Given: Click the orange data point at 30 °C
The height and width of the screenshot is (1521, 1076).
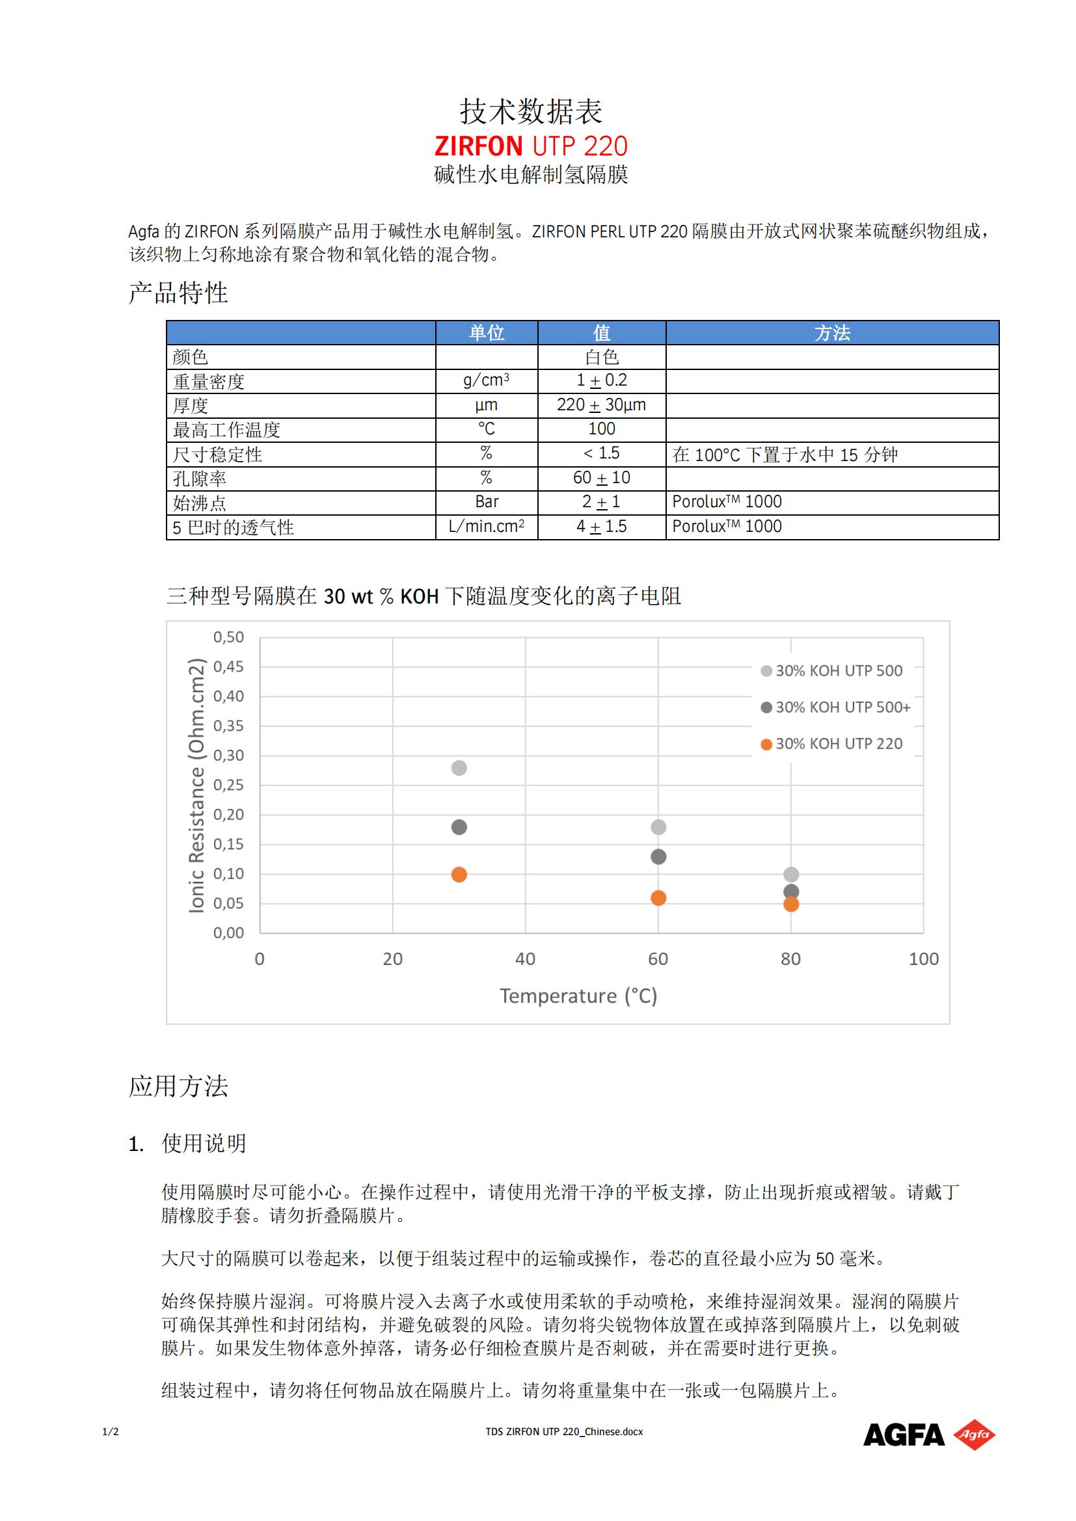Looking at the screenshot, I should tap(459, 875).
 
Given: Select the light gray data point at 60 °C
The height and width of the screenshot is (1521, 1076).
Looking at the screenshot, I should tap(658, 827).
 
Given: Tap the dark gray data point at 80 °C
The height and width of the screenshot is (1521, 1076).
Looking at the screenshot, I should tap(790, 891).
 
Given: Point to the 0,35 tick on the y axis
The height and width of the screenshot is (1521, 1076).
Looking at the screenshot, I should tap(228, 726).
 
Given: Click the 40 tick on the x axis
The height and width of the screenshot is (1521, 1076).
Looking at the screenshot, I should tap(525, 959).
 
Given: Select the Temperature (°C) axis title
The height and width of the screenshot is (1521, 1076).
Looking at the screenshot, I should tap(578, 996).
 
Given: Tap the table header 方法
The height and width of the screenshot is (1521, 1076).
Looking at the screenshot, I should tap(832, 332).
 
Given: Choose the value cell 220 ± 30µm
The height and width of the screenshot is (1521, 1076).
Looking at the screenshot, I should tap(601, 404).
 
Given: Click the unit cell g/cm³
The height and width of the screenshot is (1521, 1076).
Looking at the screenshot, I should tap(487, 380).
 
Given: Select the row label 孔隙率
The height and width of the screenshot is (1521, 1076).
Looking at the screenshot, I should tap(200, 479).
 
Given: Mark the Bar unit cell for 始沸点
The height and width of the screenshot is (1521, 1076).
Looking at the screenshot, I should tap(487, 502).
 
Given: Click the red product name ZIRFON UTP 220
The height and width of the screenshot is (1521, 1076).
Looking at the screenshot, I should tap(531, 146).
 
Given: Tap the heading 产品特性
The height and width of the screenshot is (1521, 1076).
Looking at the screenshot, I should tap(178, 293).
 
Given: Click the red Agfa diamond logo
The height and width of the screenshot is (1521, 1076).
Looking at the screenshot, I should tap(974, 1435).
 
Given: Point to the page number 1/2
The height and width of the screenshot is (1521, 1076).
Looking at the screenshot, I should tap(111, 1431).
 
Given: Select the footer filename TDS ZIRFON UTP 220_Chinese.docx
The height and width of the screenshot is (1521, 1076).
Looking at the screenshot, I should tap(564, 1431).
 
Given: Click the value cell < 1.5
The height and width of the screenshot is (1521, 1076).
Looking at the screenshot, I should tap(601, 453).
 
